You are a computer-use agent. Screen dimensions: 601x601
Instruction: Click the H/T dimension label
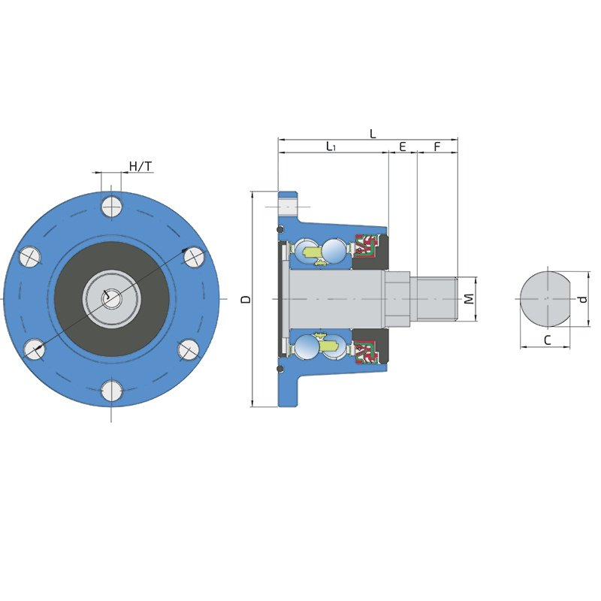140,166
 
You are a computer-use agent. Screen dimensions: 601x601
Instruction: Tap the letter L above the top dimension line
373,134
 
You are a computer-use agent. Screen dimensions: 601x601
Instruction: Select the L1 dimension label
331,146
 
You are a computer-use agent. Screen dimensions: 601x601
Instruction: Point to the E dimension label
403,146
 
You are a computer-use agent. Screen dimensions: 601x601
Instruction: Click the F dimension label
437,146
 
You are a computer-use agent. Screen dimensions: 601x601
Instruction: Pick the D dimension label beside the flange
246,299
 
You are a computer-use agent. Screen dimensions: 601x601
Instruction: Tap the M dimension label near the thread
469,298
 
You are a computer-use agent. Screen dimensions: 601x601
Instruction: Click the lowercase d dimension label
583,299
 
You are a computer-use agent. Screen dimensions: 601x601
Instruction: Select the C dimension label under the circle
548,340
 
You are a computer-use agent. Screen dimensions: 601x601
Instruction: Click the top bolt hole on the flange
111,207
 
